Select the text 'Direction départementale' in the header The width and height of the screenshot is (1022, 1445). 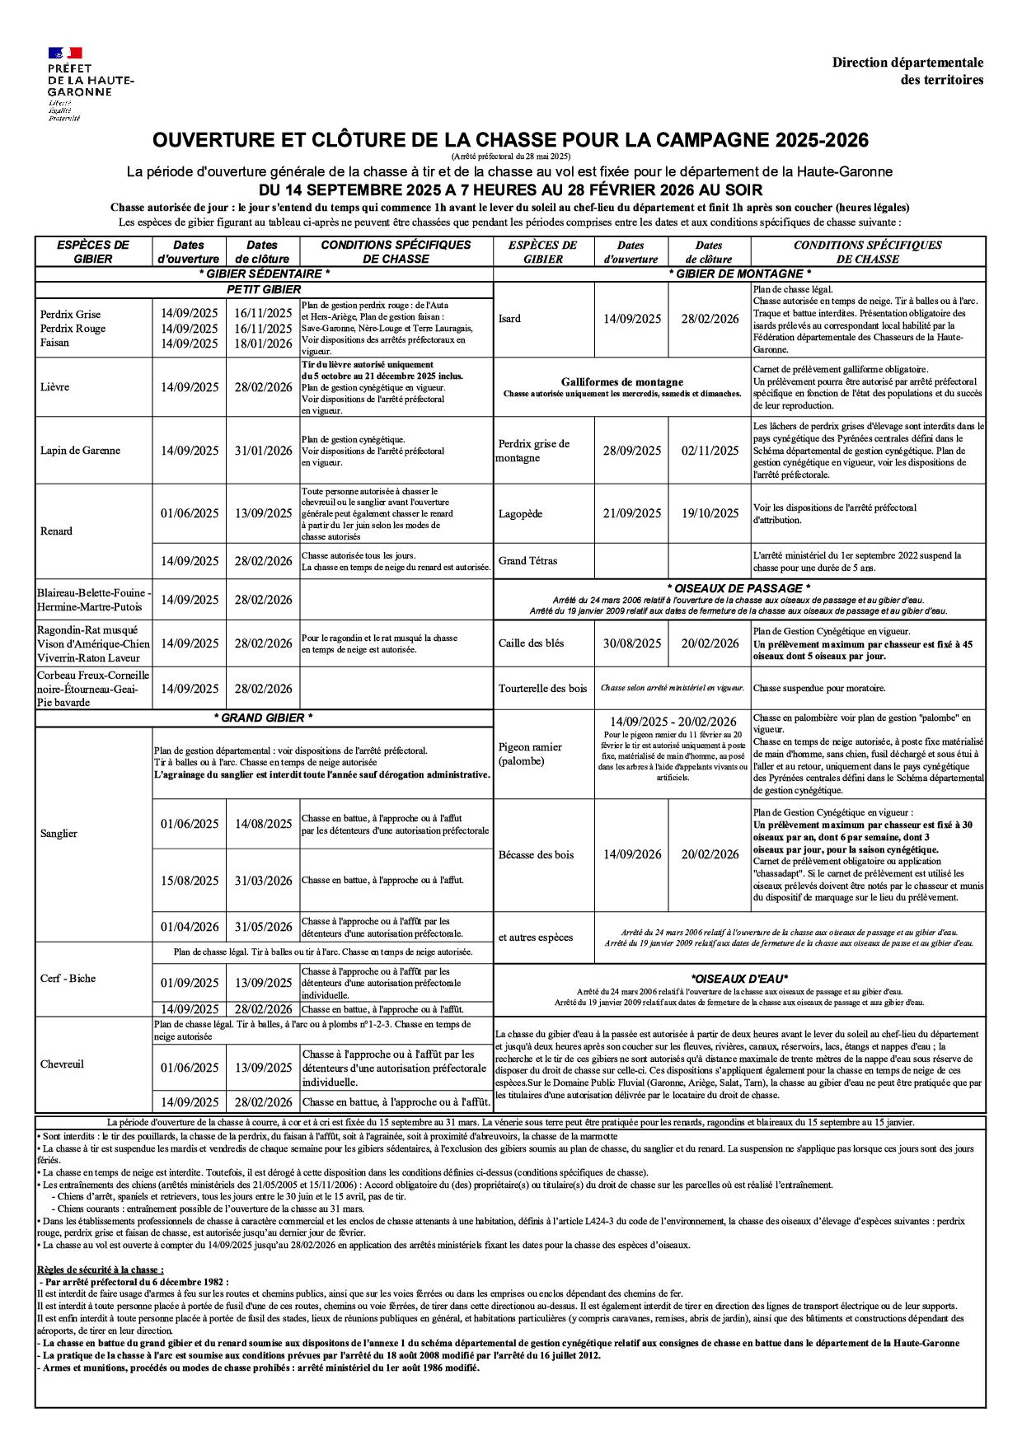[907, 63]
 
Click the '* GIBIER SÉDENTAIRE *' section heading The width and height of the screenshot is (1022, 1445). [264, 274]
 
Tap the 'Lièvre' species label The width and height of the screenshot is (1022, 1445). [55, 387]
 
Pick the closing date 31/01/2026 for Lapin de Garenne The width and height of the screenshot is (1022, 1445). [263, 451]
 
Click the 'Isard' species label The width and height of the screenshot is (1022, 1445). [510, 319]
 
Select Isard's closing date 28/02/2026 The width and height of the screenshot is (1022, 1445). [710, 319]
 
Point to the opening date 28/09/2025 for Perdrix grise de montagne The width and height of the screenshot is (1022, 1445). [631, 451]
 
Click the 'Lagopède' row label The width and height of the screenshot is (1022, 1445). [520, 513]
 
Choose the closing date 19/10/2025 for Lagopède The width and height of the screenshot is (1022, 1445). [710, 513]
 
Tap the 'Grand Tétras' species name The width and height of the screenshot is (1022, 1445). [527, 561]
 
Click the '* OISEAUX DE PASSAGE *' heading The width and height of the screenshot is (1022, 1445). [738, 588]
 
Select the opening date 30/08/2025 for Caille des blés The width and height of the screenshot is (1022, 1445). [631, 643]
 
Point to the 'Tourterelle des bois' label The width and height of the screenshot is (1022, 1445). [542, 689]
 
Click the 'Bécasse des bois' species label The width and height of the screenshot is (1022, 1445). [536, 855]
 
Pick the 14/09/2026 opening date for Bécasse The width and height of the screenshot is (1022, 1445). [631, 855]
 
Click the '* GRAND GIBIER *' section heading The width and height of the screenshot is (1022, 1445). [263, 718]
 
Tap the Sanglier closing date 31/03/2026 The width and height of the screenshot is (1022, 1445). [263, 881]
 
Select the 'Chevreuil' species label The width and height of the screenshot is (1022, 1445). [62, 1064]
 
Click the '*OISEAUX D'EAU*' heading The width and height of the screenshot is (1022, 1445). [739, 980]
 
